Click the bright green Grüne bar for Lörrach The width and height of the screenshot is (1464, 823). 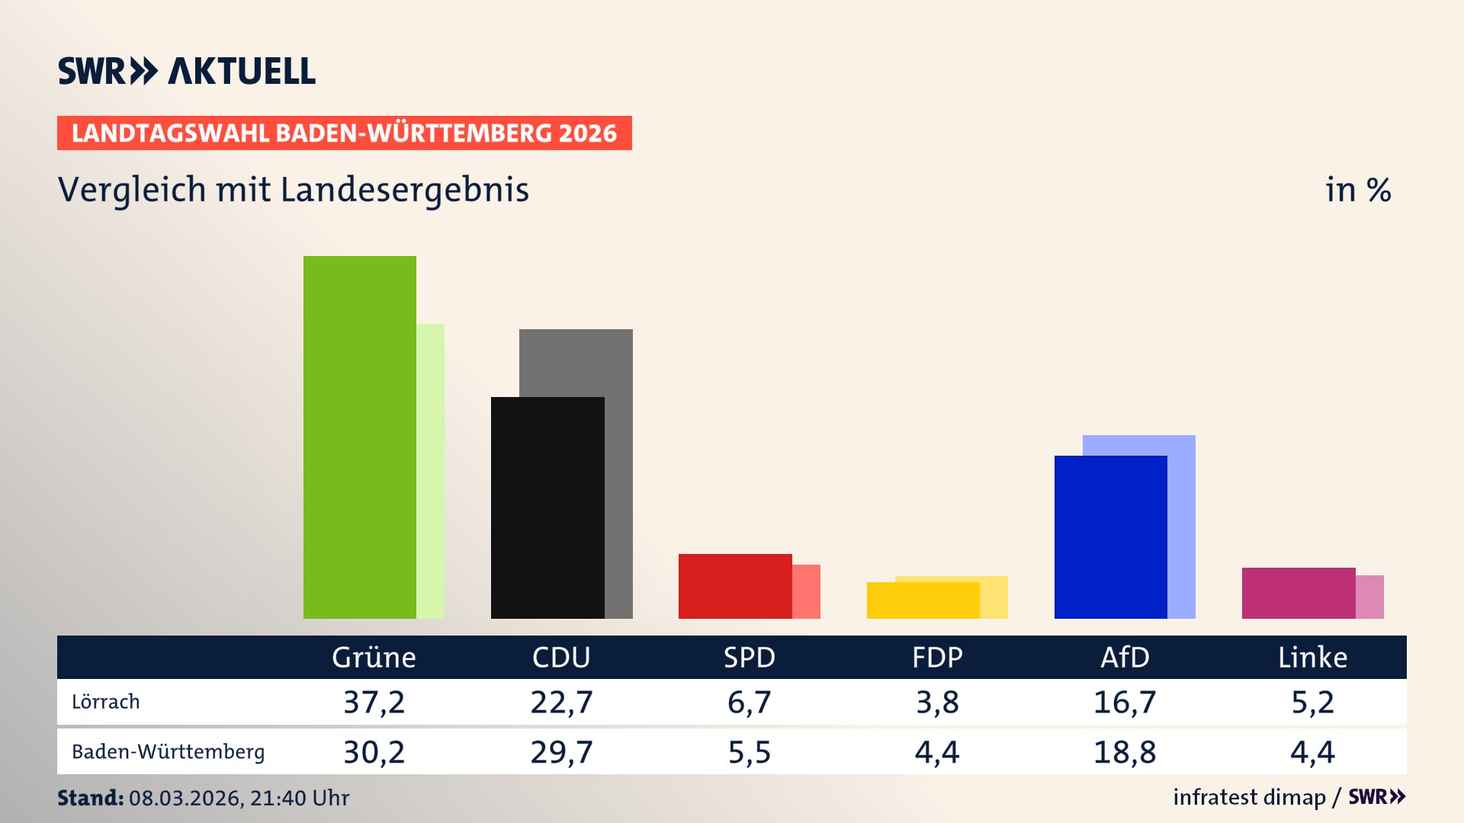[x=359, y=437]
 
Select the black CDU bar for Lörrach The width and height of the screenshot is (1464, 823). [x=547, y=508]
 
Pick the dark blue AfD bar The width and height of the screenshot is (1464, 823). [x=1110, y=537]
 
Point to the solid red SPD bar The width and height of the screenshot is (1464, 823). [x=735, y=586]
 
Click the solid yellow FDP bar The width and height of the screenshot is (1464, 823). [x=923, y=600]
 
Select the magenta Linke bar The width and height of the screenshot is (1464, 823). [x=1298, y=593]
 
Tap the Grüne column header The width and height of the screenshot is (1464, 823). [x=374, y=658]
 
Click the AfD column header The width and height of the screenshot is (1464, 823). [x=1125, y=658]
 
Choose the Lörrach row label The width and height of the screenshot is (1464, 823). [x=106, y=702]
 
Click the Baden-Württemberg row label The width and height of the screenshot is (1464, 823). [x=168, y=752]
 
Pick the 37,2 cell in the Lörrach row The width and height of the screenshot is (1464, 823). [x=374, y=702]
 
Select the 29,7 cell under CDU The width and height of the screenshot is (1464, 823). [x=561, y=752]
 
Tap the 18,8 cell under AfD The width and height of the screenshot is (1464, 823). [x=1125, y=752]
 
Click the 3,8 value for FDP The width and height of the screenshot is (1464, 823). [x=937, y=702]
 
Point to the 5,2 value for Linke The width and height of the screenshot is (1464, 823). [x=1312, y=702]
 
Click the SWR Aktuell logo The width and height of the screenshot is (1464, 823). [x=187, y=71]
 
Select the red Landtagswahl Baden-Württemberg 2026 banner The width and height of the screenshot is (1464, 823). [x=344, y=133]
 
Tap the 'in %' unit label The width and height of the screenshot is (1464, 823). [x=1357, y=190]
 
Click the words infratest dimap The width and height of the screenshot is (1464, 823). [x=1249, y=797]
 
